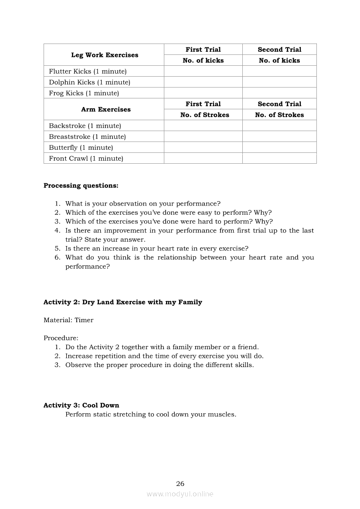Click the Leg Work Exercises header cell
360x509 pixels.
coord(105,55)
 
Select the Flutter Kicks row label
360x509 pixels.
coord(88,71)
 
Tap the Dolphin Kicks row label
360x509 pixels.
coord(89,82)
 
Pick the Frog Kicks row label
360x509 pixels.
coord(84,93)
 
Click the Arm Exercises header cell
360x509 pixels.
coord(105,109)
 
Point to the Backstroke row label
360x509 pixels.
coord(85,126)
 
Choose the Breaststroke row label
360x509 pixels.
coord(87,137)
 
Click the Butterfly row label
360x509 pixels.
coord(81,148)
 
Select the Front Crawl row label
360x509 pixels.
coord(86,158)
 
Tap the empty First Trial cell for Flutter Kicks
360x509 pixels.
coord(203,71)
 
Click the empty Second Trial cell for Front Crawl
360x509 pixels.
coord(279,158)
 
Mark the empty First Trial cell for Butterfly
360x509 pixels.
coord(203,148)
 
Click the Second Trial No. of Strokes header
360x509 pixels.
coord(279,115)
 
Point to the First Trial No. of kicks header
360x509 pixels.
coord(203,61)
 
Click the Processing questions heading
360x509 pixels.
coord(81,185)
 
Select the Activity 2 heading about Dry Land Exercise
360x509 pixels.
coord(122,302)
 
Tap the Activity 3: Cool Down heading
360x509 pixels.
coord(81,405)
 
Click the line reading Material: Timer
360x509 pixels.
coord(68,320)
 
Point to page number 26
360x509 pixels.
coord(180,484)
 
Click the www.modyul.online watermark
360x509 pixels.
coord(180,494)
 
